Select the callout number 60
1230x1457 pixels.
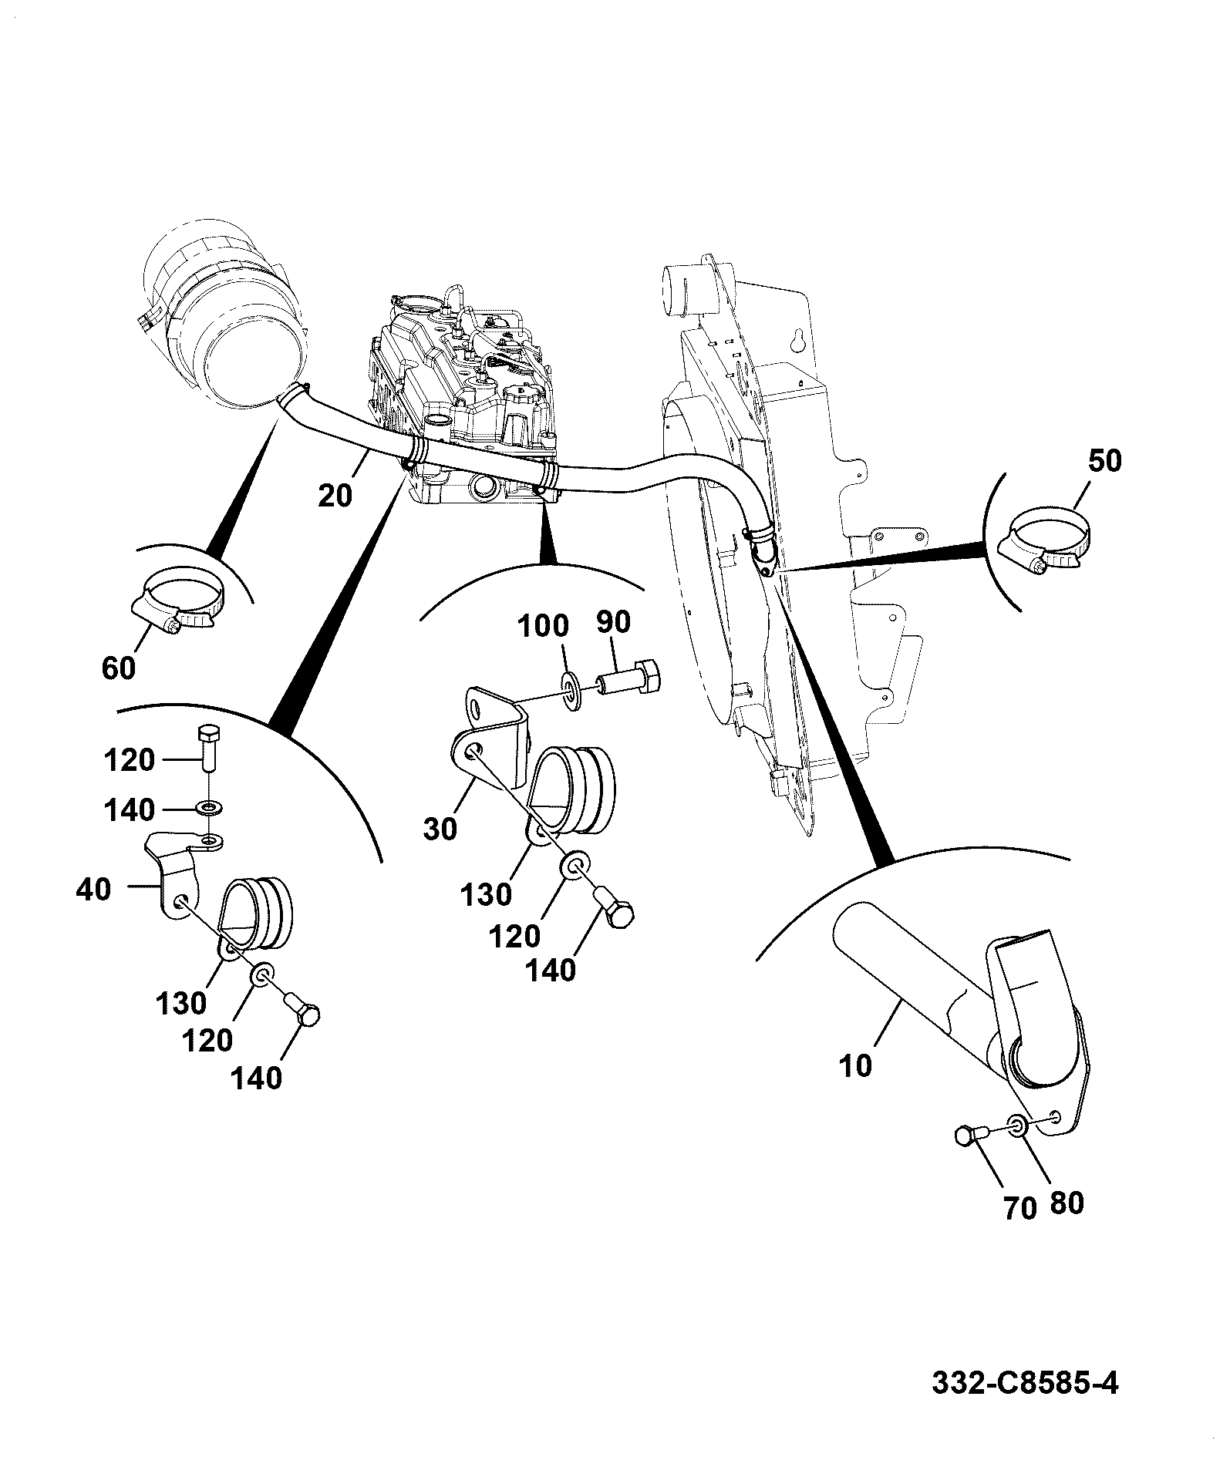118,668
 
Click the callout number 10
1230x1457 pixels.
854,1066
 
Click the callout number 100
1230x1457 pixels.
543,625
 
